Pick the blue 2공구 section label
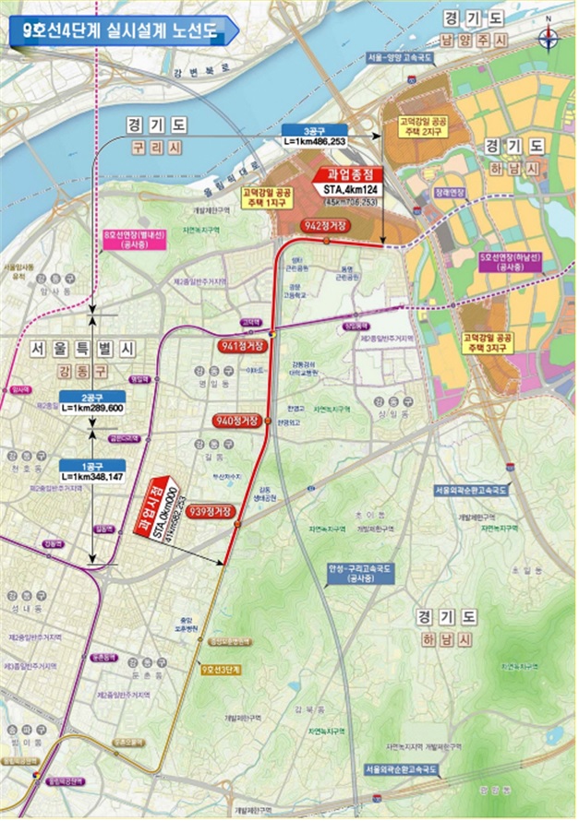[91, 397]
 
